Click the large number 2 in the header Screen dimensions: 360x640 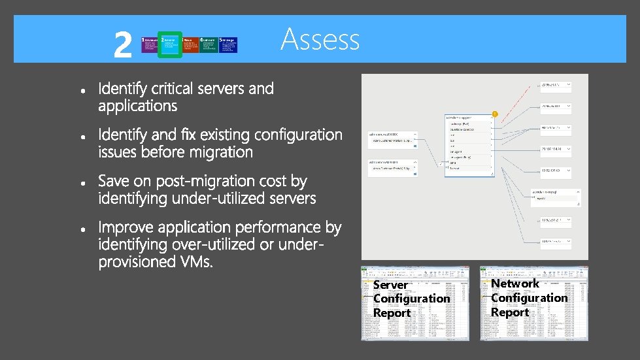point(122,44)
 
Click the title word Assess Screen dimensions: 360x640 point(320,39)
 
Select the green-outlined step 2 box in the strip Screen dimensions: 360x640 point(170,44)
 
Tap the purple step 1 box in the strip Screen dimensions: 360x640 point(150,44)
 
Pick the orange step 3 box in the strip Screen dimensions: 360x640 point(191,44)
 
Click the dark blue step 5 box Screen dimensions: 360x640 point(228,44)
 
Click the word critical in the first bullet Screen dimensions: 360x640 point(175,89)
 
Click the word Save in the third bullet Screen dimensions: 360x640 point(115,181)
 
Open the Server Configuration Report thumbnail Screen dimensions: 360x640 point(415,304)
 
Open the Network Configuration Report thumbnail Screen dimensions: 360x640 point(533,304)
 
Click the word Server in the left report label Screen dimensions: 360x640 point(390,285)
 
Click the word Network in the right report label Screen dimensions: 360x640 point(515,284)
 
